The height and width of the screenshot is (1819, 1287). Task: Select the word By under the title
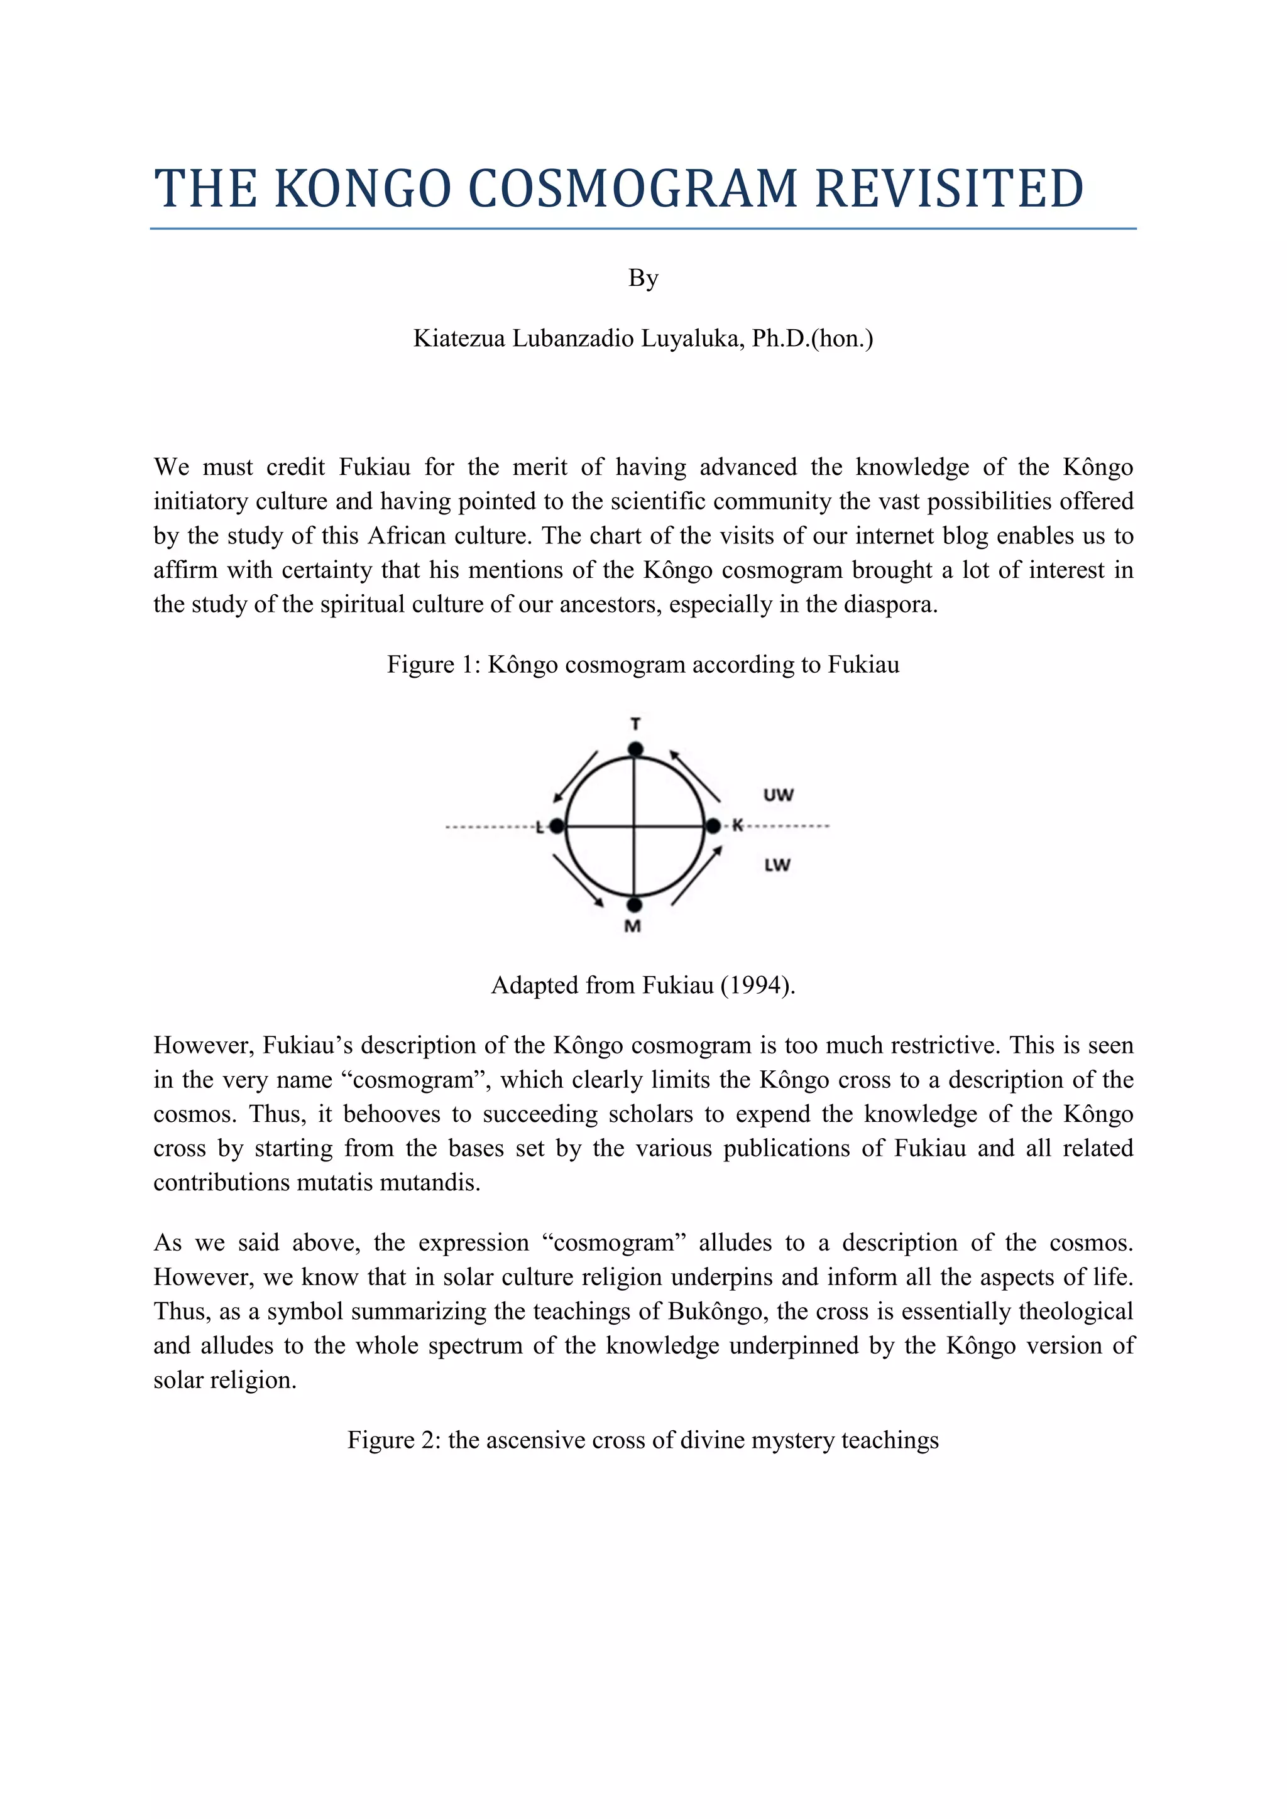pos(643,278)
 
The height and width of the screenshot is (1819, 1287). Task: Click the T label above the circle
pos(635,724)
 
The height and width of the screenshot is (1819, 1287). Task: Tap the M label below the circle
pos(632,926)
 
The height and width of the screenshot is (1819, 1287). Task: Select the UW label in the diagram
pos(777,795)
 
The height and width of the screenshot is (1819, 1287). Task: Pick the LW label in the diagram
pos(777,865)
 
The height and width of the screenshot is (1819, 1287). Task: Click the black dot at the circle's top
pos(635,749)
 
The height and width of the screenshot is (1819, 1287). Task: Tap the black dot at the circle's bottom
pos(634,904)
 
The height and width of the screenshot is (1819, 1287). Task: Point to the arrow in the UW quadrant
pos(695,775)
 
